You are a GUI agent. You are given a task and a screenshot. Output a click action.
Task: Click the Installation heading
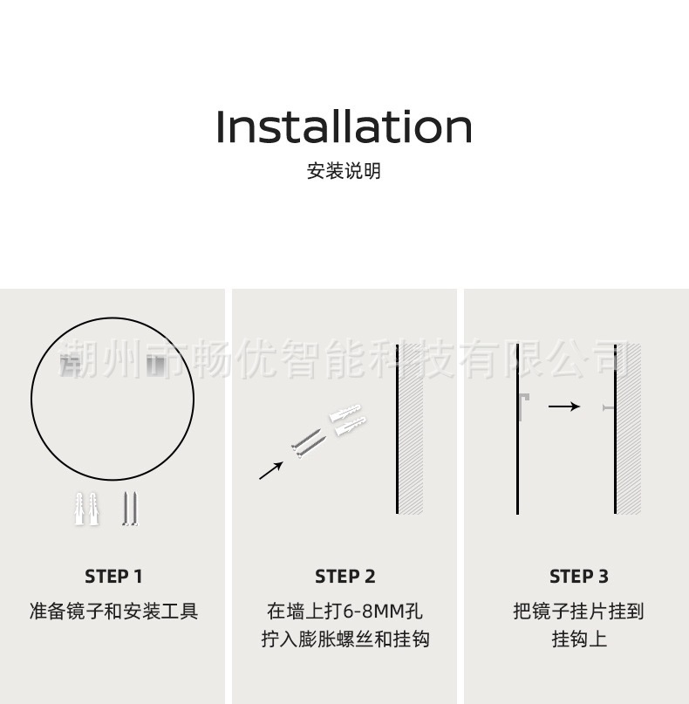pos(344,126)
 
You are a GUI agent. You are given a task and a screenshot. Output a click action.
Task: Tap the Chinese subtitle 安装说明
pos(344,171)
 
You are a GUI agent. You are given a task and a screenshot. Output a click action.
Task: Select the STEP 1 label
pos(113,577)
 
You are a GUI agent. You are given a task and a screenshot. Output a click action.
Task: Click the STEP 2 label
pos(344,577)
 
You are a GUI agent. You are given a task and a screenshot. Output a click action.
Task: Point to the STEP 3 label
pos(579,577)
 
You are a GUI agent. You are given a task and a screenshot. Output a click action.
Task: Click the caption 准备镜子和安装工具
pos(113,612)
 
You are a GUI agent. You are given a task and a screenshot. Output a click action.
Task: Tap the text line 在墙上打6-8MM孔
pos(344,612)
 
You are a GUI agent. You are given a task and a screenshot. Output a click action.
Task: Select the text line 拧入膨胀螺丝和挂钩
pos(345,639)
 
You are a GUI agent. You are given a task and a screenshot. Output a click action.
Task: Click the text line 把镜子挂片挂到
pos(578,612)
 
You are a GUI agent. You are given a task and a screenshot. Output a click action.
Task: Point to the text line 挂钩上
pos(579,639)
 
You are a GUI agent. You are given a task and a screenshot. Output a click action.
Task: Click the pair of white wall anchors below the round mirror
pos(86,509)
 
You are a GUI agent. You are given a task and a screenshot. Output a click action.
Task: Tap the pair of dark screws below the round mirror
pos(130,509)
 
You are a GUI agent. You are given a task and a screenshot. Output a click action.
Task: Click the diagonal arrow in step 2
pos(271,470)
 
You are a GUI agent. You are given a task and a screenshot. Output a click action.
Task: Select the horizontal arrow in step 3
pos(564,407)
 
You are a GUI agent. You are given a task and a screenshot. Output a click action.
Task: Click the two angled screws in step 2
pos(309,443)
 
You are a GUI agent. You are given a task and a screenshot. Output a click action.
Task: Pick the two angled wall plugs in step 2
pos(348,420)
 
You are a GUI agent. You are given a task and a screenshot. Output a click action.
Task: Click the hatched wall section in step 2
pos(411,429)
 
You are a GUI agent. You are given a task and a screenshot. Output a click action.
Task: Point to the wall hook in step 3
pos(609,407)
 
